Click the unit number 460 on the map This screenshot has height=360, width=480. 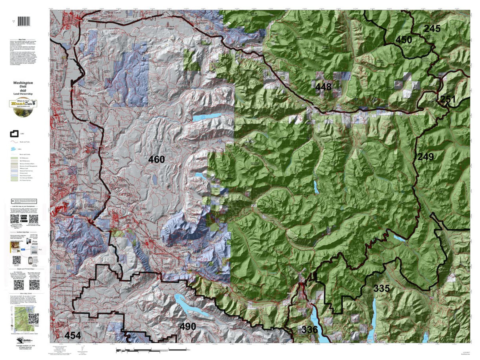click(156, 160)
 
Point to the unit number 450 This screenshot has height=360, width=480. click(404, 40)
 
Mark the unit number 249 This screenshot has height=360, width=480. click(426, 157)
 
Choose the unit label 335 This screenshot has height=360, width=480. click(382, 288)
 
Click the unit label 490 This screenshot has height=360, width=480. click(187, 326)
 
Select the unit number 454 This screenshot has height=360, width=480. click(73, 335)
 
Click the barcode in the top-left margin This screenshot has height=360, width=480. click(25, 21)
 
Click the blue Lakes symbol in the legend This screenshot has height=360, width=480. click(14, 148)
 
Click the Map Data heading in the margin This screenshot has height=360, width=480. click(25, 40)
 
